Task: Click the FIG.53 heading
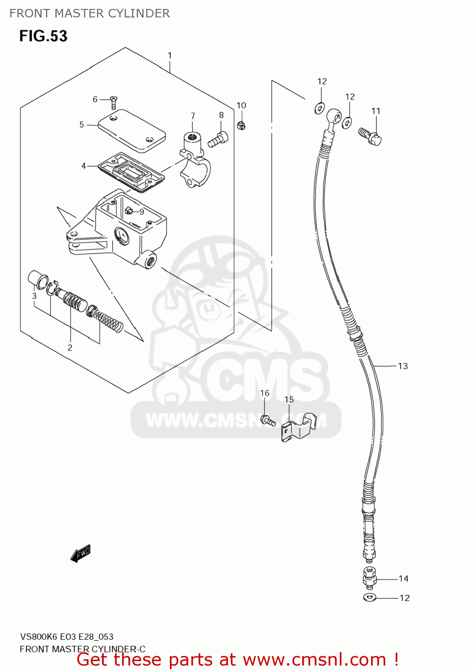click(x=43, y=36)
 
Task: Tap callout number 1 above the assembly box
click(x=170, y=55)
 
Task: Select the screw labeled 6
click(x=114, y=102)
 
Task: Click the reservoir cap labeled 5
click(x=132, y=130)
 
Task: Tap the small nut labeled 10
click(x=241, y=126)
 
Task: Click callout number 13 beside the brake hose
click(x=403, y=366)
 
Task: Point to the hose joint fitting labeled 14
click(x=369, y=578)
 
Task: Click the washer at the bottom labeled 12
click(x=370, y=598)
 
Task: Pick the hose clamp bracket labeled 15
click(x=297, y=428)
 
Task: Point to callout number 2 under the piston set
click(x=70, y=348)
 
